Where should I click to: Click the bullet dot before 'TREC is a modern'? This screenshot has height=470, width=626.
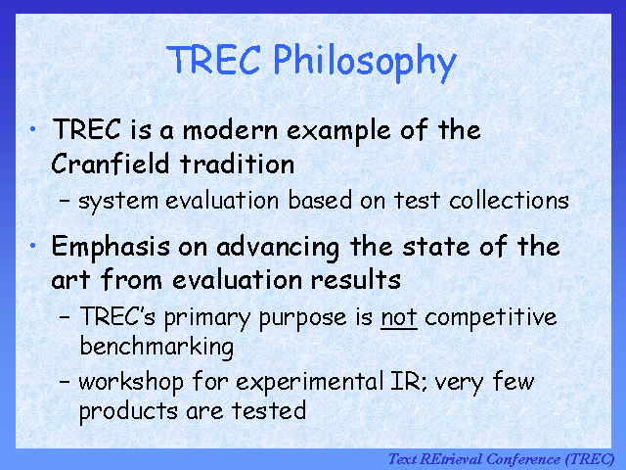tap(32, 128)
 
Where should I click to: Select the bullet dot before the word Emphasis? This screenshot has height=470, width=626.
tap(32, 246)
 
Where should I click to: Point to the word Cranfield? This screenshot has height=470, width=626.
tap(111, 164)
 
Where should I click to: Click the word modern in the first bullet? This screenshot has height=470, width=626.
tap(230, 130)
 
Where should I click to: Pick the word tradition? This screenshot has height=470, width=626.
tap(237, 164)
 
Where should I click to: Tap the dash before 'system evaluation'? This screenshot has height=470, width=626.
tap(65, 199)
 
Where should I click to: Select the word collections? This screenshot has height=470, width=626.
tap(509, 200)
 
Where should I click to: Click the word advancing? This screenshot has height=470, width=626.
tap(278, 248)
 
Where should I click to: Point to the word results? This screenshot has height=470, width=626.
tap(356, 279)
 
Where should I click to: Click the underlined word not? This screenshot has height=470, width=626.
tap(399, 318)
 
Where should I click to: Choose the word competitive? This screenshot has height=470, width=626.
tap(491, 319)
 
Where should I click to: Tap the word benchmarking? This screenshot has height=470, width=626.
tap(156, 347)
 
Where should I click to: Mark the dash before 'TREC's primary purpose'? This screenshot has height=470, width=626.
tap(65, 316)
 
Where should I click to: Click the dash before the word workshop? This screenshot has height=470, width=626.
tap(65, 381)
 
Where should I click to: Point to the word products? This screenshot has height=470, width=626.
tap(128, 411)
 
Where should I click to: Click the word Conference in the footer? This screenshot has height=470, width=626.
tap(523, 459)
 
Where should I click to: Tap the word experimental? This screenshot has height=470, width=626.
tap(309, 383)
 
